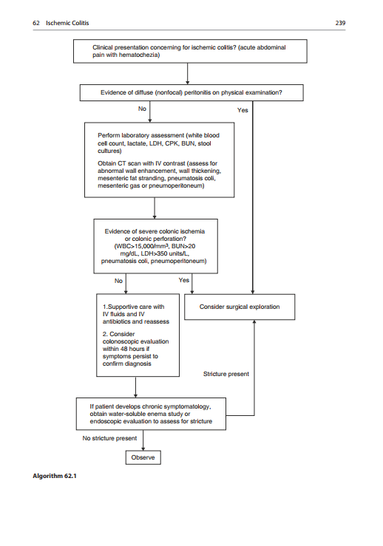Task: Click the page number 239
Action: coord(341,24)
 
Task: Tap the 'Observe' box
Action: coord(143,458)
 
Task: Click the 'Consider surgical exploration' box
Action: coord(240,307)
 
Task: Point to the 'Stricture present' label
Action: coord(226,374)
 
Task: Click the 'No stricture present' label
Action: coord(109,438)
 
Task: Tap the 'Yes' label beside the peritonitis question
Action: coord(243,110)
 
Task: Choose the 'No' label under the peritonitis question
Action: coord(142,109)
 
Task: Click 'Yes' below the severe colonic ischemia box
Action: coord(184,280)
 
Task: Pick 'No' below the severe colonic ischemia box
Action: coord(118,281)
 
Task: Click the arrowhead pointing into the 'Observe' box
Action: coord(143,448)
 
